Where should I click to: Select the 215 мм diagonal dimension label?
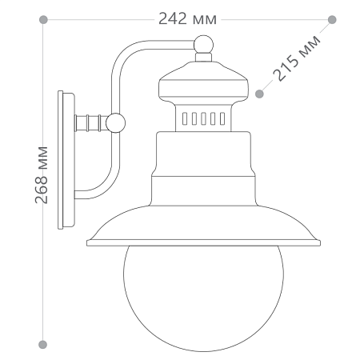point(297,57)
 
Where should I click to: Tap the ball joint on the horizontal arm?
point(116,122)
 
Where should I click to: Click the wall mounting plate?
point(66,159)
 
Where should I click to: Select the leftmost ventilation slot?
point(184,119)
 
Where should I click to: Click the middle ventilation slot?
point(203,119)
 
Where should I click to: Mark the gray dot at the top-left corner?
point(44,18)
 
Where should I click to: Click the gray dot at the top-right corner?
point(332,18)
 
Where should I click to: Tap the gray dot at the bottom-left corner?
point(44,344)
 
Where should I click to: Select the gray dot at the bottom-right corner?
point(332,344)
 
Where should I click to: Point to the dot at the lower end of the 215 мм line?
point(259,94)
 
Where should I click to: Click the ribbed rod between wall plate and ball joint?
point(90,122)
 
